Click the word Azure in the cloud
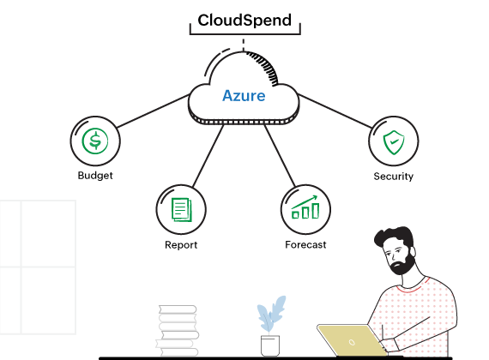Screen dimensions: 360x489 tap(244, 95)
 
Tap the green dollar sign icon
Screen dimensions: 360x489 tap(94, 141)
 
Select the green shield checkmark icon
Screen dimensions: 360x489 tap(394, 141)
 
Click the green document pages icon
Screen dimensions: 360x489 tap(181, 209)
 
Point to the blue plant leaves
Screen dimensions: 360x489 tap(271, 315)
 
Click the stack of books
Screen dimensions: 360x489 tap(178, 331)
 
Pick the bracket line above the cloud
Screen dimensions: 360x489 tap(244, 34)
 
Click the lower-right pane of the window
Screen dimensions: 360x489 tap(48, 300)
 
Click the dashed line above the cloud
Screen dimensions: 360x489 tap(244, 43)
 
